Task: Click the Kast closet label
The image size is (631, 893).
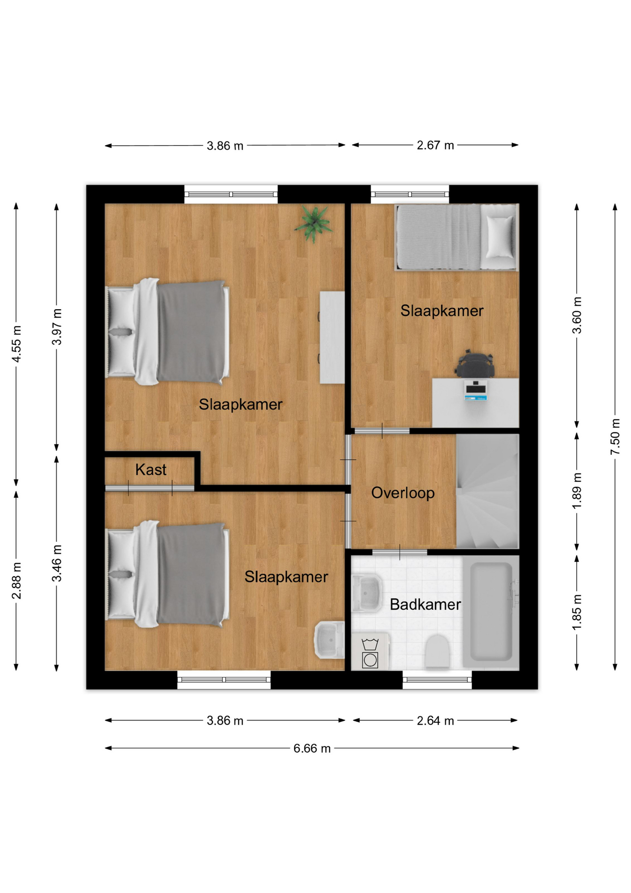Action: [151, 470]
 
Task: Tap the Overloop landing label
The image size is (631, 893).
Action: [403, 493]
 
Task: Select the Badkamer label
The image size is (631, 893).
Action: [425, 605]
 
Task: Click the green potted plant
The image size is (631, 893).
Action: [314, 224]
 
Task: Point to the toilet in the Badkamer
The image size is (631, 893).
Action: [437, 651]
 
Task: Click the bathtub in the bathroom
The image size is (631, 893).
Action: [491, 612]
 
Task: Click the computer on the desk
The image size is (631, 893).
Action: [475, 390]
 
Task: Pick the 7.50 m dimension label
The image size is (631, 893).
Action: [615, 437]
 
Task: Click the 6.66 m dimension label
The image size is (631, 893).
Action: [312, 748]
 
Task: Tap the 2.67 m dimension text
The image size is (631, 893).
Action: [435, 146]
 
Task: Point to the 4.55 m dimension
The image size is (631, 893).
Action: [16, 344]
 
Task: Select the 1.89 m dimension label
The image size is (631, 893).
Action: [577, 491]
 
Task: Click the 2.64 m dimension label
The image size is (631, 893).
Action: [435, 720]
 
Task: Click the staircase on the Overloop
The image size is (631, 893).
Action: [487, 491]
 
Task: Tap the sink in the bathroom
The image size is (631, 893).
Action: [367, 593]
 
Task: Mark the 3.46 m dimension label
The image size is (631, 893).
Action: [57, 563]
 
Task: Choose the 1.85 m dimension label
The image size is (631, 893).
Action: [577, 612]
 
